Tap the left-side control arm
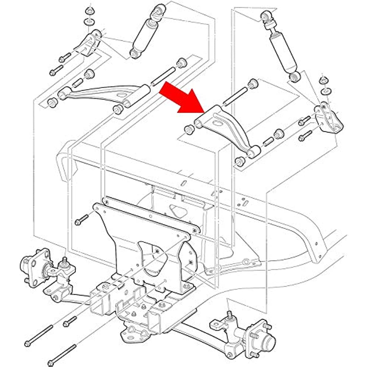click(101, 93)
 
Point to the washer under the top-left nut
click(89, 22)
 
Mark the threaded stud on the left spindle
click(65, 261)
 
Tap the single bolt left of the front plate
click(81, 219)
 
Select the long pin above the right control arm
click(235, 95)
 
